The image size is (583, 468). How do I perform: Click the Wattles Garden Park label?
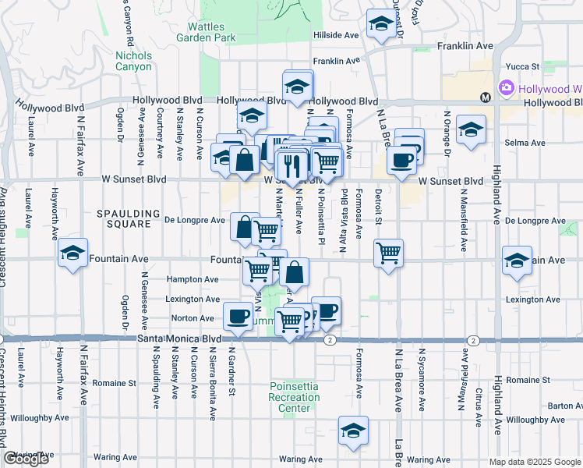pyautogui.click(x=206, y=32)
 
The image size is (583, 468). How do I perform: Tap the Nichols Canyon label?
pyautogui.click(x=133, y=61)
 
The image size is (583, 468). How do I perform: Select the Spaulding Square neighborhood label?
pyautogui.click(x=123, y=218)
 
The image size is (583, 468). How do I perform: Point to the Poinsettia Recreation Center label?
pyautogui.click(x=295, y=397)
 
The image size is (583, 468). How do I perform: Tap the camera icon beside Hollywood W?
pyautogui.click(x=507, y=87)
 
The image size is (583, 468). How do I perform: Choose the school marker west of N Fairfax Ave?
pyautogui.click(x=72, y=253)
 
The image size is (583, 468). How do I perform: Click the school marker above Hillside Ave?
pyautogui.click(x=381, y=24)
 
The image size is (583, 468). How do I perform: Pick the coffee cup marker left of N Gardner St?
pyautogui.click(x=238, y=316)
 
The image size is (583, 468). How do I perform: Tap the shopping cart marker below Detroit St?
pyautogui.click(x=388, y=252)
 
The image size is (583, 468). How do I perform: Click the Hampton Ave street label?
pyautogui.click(x=191, y=279)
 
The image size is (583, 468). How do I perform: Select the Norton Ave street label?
pyautogui.click(x=193, y=318)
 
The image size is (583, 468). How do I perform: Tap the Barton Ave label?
pyautogui.click(x=560, y=406)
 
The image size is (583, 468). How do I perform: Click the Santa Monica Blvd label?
pyautogui.click(x=179, y=339)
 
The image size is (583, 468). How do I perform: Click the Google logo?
pyautogui.click(x=26, y=459)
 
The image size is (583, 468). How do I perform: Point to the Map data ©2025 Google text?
pyautogui.click(x=535, y=462)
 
